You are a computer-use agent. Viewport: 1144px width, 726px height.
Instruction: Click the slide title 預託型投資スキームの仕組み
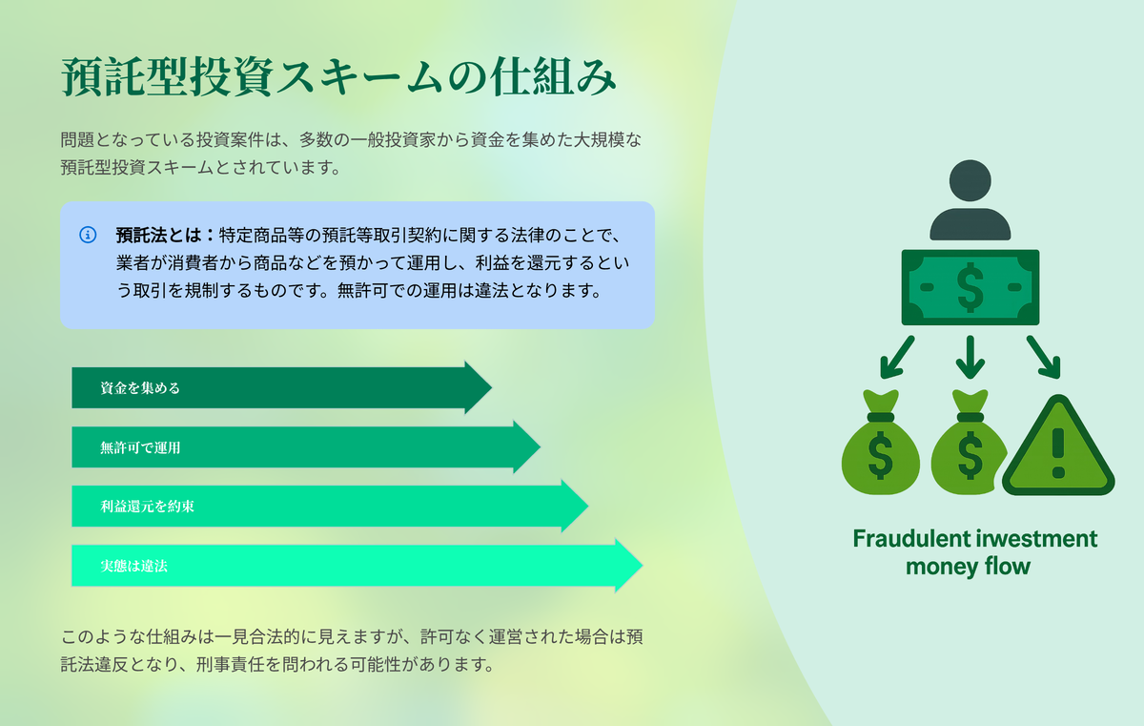338,76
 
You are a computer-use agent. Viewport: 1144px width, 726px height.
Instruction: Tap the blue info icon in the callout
88,235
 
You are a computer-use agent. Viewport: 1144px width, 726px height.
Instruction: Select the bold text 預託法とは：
165,235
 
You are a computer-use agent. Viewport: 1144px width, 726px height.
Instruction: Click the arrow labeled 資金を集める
281,387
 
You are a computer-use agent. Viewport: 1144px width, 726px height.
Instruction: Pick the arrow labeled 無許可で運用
306,447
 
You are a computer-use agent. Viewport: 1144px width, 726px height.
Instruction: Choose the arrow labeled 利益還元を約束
330,506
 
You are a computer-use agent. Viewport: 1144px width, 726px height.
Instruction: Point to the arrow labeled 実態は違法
357,565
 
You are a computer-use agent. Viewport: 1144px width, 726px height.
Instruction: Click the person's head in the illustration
970,180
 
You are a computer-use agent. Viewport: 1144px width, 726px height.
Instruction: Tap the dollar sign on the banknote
970,287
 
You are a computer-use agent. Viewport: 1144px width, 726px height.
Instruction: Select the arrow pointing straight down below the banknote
970,357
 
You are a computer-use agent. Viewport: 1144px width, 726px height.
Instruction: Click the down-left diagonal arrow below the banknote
897,357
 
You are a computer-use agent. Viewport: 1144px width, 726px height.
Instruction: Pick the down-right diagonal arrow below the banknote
1043,357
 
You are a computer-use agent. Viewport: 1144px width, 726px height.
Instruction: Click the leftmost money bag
881,443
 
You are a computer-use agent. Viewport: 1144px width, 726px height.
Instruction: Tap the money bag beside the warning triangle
969,443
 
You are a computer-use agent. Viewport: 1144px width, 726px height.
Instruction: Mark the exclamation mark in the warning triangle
1058,453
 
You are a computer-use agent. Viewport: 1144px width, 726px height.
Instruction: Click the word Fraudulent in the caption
911,538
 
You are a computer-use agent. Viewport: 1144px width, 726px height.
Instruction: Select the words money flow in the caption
968,566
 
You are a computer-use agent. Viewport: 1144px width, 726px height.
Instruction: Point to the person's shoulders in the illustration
970,224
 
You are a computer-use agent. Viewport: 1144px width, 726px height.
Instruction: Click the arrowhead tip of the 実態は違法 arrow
642,565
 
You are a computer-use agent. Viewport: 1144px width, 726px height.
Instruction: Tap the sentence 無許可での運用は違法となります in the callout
468,290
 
